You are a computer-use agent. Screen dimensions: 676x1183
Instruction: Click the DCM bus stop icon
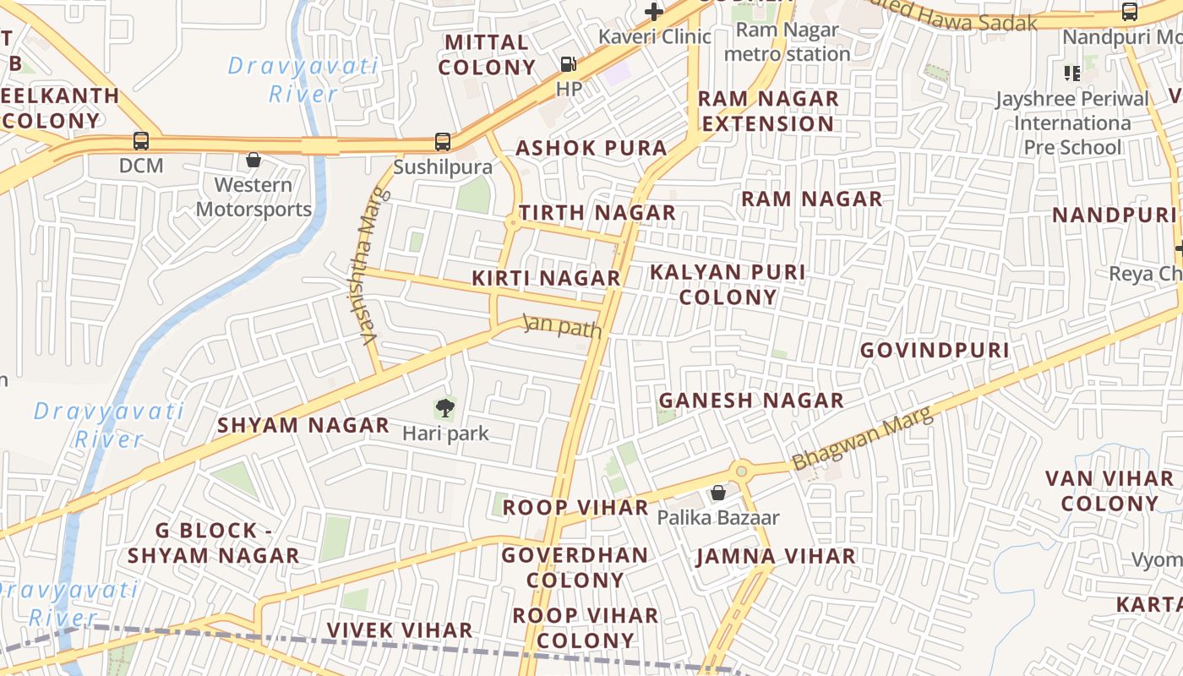point(141,141)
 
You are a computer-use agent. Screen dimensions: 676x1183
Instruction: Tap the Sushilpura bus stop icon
point(443,142)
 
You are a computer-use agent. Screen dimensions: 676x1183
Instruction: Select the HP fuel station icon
point(569,64)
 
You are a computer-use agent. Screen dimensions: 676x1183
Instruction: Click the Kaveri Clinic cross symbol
point(654,12)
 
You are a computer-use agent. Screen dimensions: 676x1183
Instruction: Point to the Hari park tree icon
point(444,409)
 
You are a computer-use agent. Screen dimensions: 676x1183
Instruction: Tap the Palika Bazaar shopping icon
point(717,492)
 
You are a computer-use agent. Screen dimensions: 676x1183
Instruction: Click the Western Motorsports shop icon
point(253,160)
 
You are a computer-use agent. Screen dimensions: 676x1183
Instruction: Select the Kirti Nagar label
point(546,278)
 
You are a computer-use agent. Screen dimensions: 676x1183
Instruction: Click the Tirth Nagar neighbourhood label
point(597,213)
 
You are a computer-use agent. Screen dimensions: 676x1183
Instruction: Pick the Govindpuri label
point(935,350)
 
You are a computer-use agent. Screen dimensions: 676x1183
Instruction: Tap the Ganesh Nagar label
point(751,401)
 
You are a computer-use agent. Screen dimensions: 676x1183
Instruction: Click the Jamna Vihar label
point(776,556)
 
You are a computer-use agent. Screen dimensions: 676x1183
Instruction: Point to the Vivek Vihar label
point(400,630)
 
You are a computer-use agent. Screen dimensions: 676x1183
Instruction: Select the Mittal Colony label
point(487,55)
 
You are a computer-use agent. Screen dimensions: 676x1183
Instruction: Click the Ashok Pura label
point(591,148)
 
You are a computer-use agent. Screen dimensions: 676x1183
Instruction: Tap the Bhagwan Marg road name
point(862,439)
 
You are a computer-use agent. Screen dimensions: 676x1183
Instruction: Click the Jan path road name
point(562,325)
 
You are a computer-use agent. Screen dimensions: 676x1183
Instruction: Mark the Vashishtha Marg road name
point(368,266)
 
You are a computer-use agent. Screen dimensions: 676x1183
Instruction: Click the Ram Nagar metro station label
point(788,42)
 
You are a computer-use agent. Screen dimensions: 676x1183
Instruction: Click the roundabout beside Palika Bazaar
point(742,471)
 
